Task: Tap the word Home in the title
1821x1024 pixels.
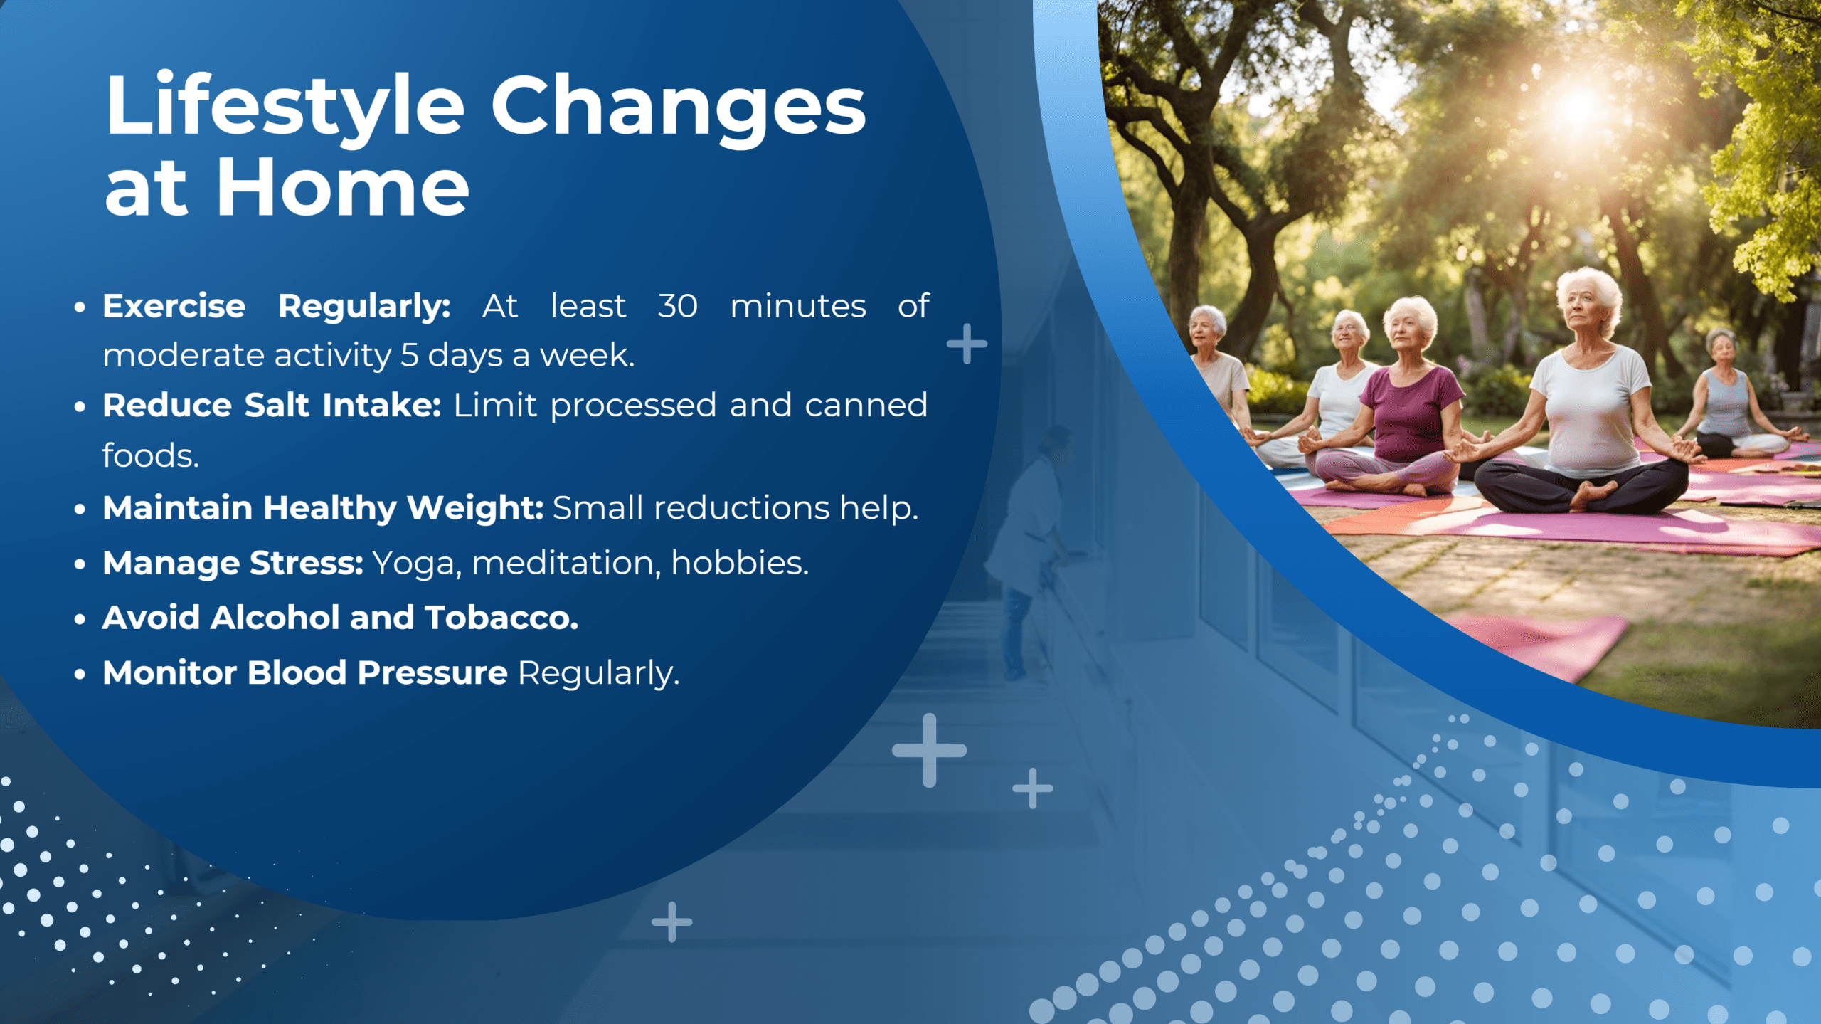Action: pos(342,188)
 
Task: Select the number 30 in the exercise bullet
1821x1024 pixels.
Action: pos(677,306)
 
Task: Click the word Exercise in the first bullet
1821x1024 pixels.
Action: pos(174,306)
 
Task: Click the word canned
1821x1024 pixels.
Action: pos(866,405)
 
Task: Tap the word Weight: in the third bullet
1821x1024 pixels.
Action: pos(475,507)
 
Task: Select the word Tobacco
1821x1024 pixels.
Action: pos(501,617)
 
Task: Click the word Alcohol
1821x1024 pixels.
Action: pos(275,617)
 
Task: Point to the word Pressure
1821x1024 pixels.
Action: pos(432,672)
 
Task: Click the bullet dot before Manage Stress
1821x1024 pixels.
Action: pos(80,564)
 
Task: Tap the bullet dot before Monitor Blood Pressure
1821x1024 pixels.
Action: pos(80,674)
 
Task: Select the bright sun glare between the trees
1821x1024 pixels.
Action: pos(1576,107)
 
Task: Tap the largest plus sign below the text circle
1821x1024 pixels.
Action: pos(929,750)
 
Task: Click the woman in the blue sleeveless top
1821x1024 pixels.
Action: pos(1725,398)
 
